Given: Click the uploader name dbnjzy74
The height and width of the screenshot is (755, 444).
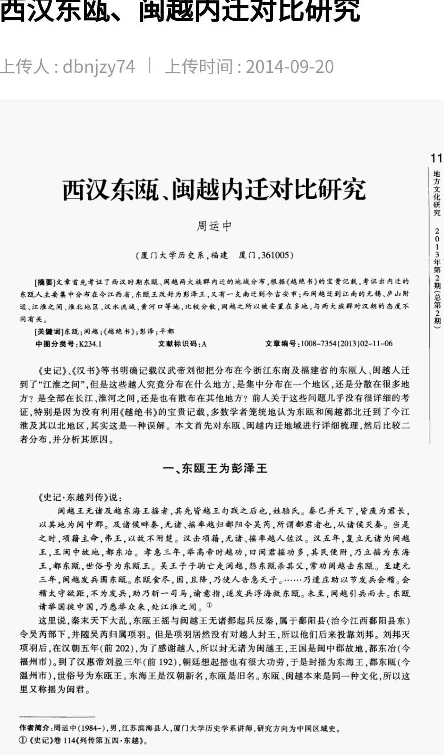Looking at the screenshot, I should [x=99, y=67].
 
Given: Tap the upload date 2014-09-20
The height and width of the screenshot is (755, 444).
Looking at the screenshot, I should [x=289, y=67].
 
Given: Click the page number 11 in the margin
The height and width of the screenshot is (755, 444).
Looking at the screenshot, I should [x=436, y=158].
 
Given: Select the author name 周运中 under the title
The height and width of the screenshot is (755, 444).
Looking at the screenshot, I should [x=214, y=226].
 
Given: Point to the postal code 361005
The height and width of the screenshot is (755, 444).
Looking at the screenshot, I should [x=275, y=255].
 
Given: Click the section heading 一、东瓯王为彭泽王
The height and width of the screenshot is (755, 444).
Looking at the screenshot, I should [x=215, y=468].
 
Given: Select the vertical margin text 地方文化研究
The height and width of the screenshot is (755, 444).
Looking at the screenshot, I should [x=436, y=193].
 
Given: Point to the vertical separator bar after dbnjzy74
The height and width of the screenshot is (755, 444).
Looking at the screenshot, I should [x=150, y=66].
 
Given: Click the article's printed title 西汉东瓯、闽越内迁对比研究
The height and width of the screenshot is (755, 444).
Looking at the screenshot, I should [x=214, y=190].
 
